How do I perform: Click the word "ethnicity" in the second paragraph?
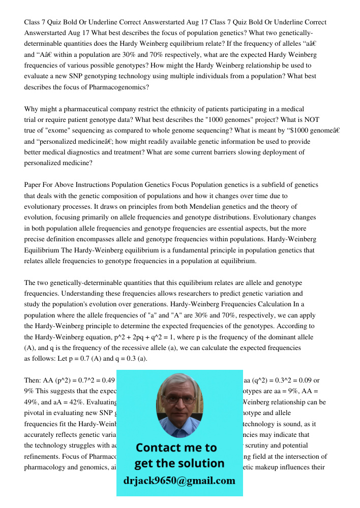point(170,109)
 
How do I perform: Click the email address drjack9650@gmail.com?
point(179,481)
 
